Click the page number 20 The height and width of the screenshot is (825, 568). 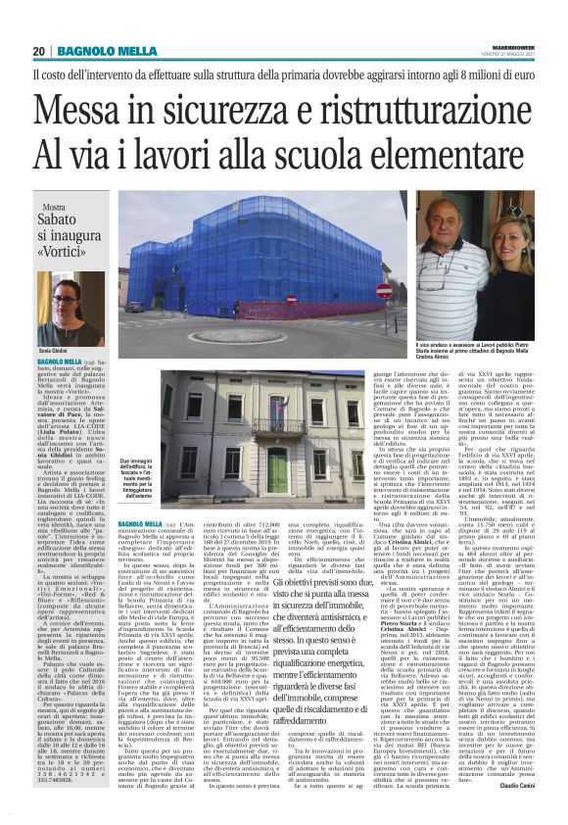coord(39,51)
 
